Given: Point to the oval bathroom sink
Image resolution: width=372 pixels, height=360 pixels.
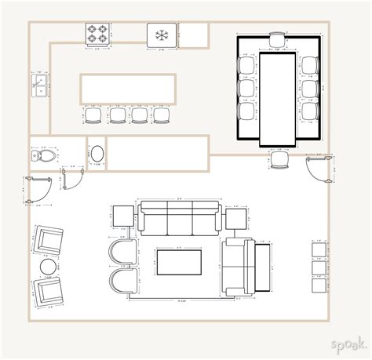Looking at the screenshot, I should click(97, 154).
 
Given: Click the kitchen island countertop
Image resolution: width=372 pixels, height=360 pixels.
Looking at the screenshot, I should click(127, 89).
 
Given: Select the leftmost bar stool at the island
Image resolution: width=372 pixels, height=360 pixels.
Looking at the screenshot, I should click(93, 116).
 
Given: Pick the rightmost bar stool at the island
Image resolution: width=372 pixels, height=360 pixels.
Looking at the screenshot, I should click(162, 116).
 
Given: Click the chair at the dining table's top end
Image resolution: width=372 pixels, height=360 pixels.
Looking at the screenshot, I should click(278, 40).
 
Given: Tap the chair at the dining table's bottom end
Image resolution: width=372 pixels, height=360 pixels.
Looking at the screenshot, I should click(279, 159).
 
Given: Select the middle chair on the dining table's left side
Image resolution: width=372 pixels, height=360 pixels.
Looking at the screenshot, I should click(246, 89).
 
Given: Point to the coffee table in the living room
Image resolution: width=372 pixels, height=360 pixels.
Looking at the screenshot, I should click(181, 262).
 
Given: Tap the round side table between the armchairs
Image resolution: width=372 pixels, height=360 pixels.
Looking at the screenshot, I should click(49, 268).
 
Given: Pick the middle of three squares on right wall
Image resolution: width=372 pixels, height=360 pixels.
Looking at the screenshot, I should click(319, 267).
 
